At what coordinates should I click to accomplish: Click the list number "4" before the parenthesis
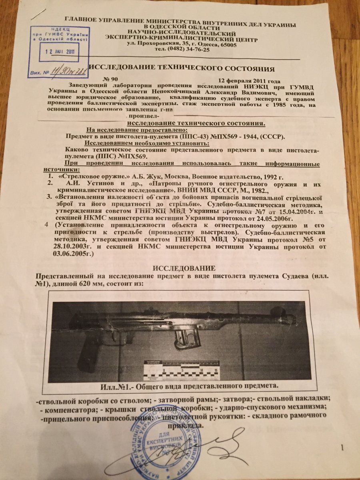tap(48, 225)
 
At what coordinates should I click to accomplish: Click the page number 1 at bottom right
tap(342, 446)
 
